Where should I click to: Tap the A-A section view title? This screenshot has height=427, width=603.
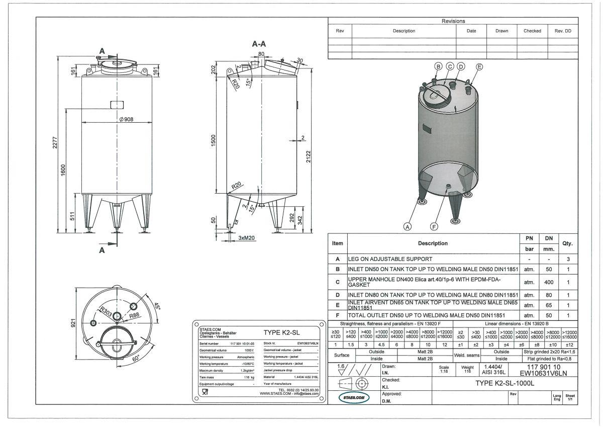pos(259,44)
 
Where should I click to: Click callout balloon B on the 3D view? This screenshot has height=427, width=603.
pos(438,66)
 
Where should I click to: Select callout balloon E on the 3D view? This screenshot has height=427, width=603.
pos(479,66)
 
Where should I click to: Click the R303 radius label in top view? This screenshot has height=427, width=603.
pos(105,310)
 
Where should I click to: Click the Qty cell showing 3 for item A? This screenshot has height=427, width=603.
pos(568,259)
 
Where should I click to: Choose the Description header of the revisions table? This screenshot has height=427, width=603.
pos(404,31)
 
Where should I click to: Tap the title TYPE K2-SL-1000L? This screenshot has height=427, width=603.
pos(504,383)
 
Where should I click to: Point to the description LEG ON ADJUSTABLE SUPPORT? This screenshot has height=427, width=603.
pos(390,259)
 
